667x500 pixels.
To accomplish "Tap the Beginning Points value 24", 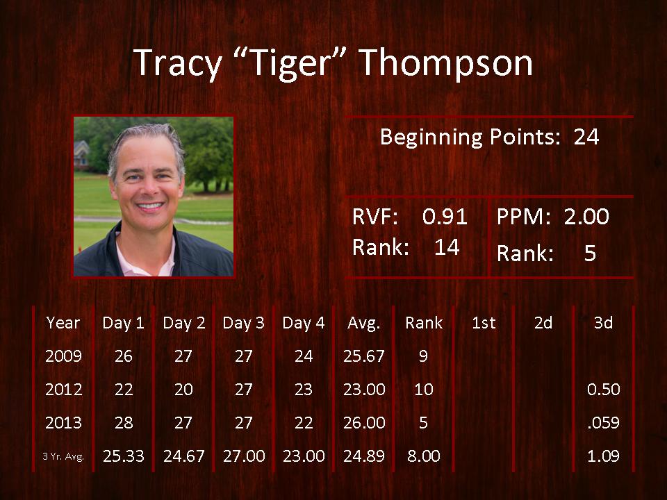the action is point(586,137).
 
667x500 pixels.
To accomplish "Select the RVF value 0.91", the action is point(445,217).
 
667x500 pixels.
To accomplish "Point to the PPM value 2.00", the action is point(586,217).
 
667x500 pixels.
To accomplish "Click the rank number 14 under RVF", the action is point(447,247).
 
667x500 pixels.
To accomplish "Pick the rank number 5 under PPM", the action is point(590,253).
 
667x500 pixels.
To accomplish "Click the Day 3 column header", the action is point(243,323).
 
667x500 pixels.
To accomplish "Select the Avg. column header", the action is point(363,324).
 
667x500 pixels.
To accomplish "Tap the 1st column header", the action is point(484,323).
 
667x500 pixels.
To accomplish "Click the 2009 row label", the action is point(63,356).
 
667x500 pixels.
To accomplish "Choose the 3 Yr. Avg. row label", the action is point(63,457).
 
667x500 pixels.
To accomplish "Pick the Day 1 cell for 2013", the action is point(124,423).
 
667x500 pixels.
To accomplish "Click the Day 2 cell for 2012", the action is point(183,390).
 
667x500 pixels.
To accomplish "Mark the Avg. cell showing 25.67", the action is point(363,356).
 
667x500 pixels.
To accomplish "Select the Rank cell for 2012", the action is point(424,390).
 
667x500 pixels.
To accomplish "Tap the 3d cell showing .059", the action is point(603,423).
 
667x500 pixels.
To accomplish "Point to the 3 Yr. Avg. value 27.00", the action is point(244,456).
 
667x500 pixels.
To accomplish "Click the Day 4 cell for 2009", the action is point(304,356).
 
